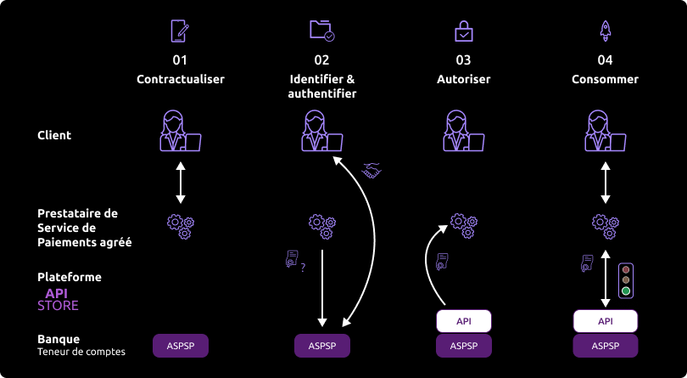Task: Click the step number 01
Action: (180, 60)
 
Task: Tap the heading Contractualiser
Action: (180, 79)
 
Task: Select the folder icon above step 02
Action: (321, 31)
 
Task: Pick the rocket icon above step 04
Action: (606, 31)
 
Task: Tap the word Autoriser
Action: (463, 79)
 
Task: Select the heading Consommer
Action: (606, 79)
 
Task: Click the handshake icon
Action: (371, 171)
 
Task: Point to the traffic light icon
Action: (626, 279)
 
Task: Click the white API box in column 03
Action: (464, 321)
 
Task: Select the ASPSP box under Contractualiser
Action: (180, 346)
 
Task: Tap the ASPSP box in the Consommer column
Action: (606, 346)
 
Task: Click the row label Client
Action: (54, 135)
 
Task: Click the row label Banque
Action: (59, 340)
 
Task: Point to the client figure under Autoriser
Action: (463, 132)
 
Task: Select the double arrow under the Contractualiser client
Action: (180, 182)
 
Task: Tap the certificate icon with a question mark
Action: (294, 260)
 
